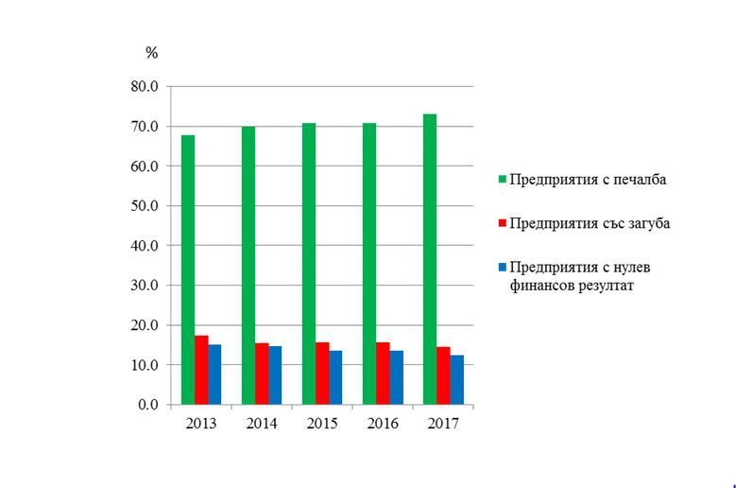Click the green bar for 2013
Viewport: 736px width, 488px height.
coord(188,270)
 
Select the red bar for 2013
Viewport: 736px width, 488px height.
coord(202,370)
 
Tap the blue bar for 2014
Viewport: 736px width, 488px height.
coord(275,375)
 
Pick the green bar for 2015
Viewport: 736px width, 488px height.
coord(309,264)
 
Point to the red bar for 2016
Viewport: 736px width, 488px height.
coord(383,374)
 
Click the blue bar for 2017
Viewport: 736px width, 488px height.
coord(457,380)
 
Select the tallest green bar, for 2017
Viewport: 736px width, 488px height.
coord(430,259)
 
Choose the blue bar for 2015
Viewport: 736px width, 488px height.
coord(335,377)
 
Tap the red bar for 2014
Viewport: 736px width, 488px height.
coord(262,374)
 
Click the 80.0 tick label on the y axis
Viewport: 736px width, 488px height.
coord(145,87)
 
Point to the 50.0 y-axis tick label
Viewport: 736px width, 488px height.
coord(145,206)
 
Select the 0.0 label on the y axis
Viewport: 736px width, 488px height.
coord(148,405)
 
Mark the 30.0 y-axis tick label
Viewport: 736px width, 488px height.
coord(145,286)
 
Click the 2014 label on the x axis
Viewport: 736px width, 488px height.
coord(262,424)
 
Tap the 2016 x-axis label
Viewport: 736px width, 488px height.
coord(383,424)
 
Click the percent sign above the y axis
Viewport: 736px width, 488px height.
coord(151,53)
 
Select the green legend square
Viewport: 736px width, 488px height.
coord(503,180)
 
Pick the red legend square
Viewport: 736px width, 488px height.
coord(503,223)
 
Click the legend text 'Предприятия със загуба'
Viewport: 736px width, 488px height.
coord(590,223)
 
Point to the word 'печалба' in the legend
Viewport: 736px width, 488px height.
coord(640,180)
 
